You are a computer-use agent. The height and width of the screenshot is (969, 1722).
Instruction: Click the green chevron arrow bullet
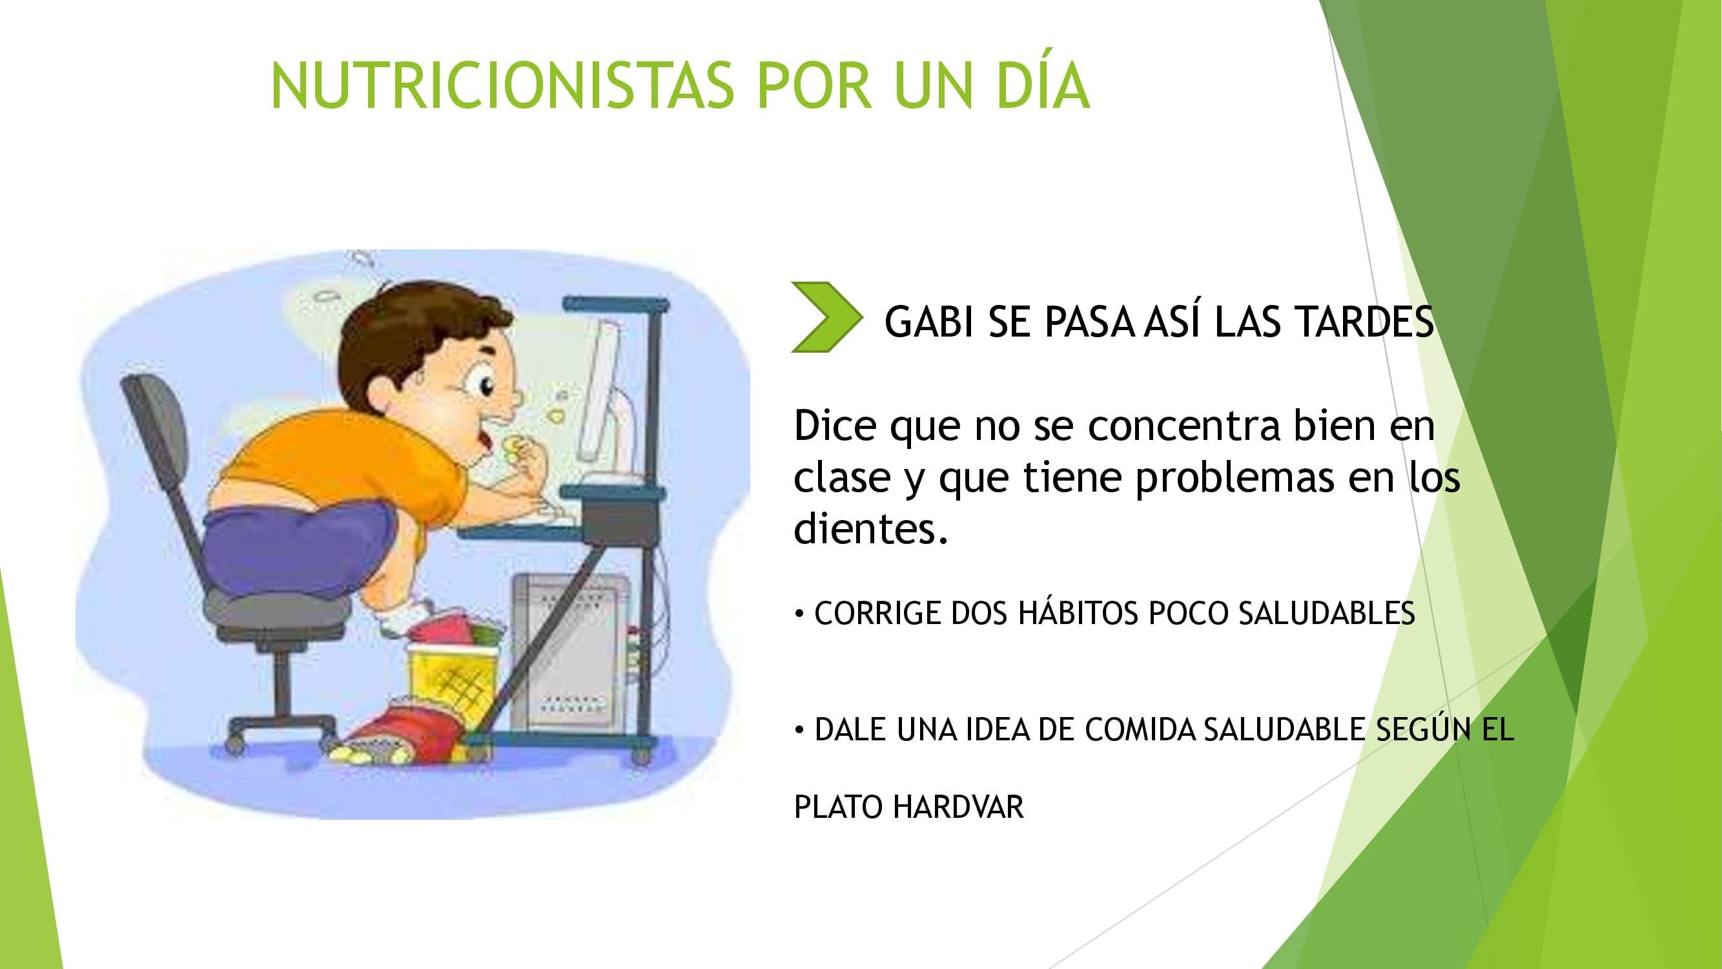click(827, 317)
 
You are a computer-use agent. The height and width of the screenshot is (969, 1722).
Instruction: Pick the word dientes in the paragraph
click(871, 528)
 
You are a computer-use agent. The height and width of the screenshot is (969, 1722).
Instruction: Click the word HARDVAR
click(958, 806)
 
